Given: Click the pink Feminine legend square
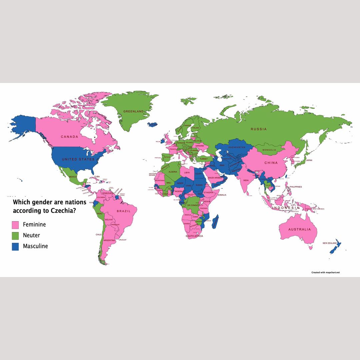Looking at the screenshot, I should pyautogui.click(x=15, y=224).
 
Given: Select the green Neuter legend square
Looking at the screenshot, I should pyautogui.click(x=15, y=235).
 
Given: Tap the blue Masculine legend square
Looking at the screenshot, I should pyautogui.click(x=15, y=246).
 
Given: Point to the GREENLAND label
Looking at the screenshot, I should pyautogui.click(x=133, y=111).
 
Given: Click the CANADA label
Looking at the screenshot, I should pyautogui.click(x=69, y=137).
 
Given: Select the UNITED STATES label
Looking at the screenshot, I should pyautogui.click(x=78, y=159).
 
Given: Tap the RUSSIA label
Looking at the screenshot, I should pyautogui.click(x=259, y=129).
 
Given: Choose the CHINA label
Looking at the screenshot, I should pyautogui.click(x=271, y=163).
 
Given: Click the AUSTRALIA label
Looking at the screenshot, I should pyautogui.click(x=299, y=229).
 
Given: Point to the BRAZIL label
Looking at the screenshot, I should pyautogui.click(x=124, y=211).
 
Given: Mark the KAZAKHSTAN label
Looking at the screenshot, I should pyautogui.click(x=237, y=147).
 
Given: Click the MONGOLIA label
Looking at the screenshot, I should pyautogui.click(x=269, y=150).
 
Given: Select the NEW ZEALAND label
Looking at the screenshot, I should pyautogui.click(x=330, y=243).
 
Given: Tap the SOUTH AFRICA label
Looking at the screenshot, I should pyautogui.click(x=194, y=236).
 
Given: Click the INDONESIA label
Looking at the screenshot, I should pyautogui.click(x=286, y=208).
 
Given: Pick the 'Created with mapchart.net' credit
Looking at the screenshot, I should pyautogui.click(x=325, y=272).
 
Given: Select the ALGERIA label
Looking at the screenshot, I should pyautogui.click(x=173, y=172).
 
